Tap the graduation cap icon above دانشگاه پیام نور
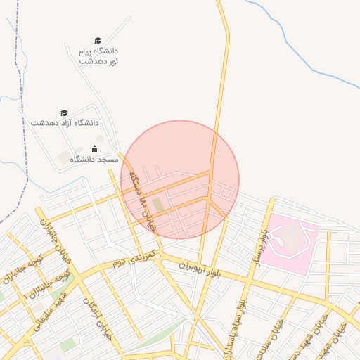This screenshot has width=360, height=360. click(x=98, y=41)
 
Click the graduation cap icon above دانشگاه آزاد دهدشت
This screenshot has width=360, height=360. click(x=64, y=112)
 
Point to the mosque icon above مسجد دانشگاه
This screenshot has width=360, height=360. click(x=95, y=149)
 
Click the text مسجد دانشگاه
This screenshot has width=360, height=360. click(x=94, y=160)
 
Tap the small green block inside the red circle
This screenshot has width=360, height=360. click(x=157, y=205)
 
